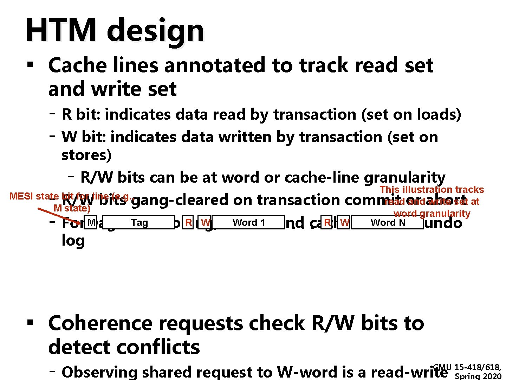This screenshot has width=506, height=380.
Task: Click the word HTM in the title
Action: [x=61, y=30]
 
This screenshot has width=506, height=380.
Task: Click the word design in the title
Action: [x=155, y=30]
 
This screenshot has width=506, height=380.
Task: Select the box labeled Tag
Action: [x=139, y=222]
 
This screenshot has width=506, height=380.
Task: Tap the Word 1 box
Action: [x=248, y=222]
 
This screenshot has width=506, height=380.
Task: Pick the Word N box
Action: [x=388, y=222]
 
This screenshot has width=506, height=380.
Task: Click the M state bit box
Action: [x=91, y=222]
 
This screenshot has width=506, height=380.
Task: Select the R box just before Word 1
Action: [x=188, y=222]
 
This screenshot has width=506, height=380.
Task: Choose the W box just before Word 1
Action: [x=205, y=222]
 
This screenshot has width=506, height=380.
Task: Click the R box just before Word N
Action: [x=327, y=222]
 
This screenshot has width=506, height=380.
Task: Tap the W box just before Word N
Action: [x=344, y=222]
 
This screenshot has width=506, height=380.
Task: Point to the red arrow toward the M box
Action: [x=60, y=216]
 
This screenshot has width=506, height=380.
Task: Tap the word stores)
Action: [x=86, y=155]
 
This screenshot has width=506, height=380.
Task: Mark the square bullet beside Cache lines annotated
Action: [x=30, y=65]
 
